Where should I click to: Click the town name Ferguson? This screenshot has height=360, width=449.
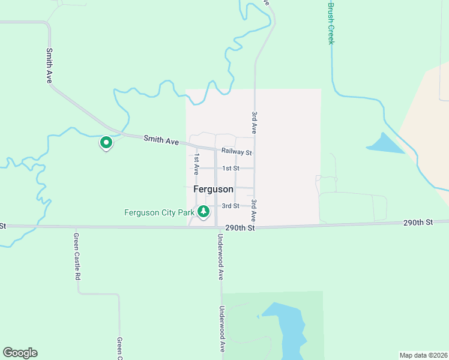213,189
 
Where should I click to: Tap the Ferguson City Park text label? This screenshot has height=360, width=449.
159,212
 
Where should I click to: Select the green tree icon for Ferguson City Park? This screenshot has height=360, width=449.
204,212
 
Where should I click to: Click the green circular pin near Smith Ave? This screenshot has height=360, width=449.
106,143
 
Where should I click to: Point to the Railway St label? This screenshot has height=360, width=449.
236,152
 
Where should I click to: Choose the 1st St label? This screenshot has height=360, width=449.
231,169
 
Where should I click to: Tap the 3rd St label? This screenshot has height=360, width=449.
231,206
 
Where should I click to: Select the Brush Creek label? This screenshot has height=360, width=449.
330,23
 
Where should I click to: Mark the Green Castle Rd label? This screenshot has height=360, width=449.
76,257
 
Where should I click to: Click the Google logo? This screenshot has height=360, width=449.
20,353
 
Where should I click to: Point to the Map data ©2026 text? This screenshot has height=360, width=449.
423,355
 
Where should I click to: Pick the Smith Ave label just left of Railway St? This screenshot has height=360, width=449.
161,141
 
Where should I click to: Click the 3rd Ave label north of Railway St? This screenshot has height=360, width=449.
255,122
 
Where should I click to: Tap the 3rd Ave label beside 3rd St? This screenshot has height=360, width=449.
255,210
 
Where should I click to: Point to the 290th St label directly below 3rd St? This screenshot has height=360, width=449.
240,229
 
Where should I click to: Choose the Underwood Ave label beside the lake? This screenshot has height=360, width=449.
221,329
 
